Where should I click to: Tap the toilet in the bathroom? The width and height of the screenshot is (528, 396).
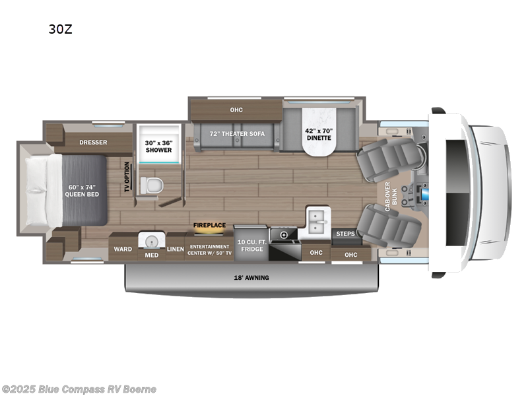click(150, 185)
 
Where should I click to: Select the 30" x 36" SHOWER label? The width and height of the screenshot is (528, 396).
click(158, 146)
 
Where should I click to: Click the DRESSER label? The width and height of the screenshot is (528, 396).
click(93, 142)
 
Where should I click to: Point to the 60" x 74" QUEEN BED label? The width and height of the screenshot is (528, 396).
click(82, 190)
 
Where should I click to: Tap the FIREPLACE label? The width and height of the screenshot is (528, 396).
click(209, 225)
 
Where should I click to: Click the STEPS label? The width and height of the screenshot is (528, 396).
click(346, 234)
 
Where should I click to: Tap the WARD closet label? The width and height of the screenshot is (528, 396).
click(123, 249)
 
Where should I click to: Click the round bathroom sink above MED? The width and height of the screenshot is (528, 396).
click(152, 239)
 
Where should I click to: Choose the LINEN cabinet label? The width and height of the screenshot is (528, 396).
click(175, 249)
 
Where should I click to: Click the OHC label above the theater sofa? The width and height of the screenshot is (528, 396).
click(236, 110)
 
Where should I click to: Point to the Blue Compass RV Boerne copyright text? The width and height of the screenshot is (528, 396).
click(79, 389)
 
